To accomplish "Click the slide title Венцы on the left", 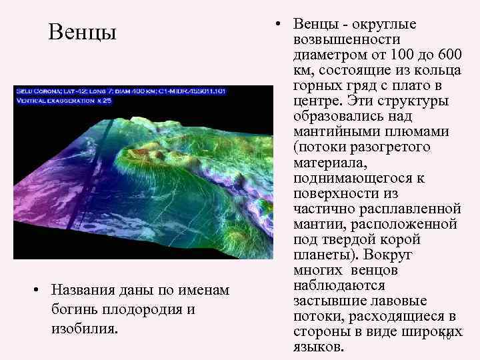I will [x=82, y=32].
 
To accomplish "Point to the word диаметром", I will [x=327, y=55].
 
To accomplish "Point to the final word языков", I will [x=316, y=347].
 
